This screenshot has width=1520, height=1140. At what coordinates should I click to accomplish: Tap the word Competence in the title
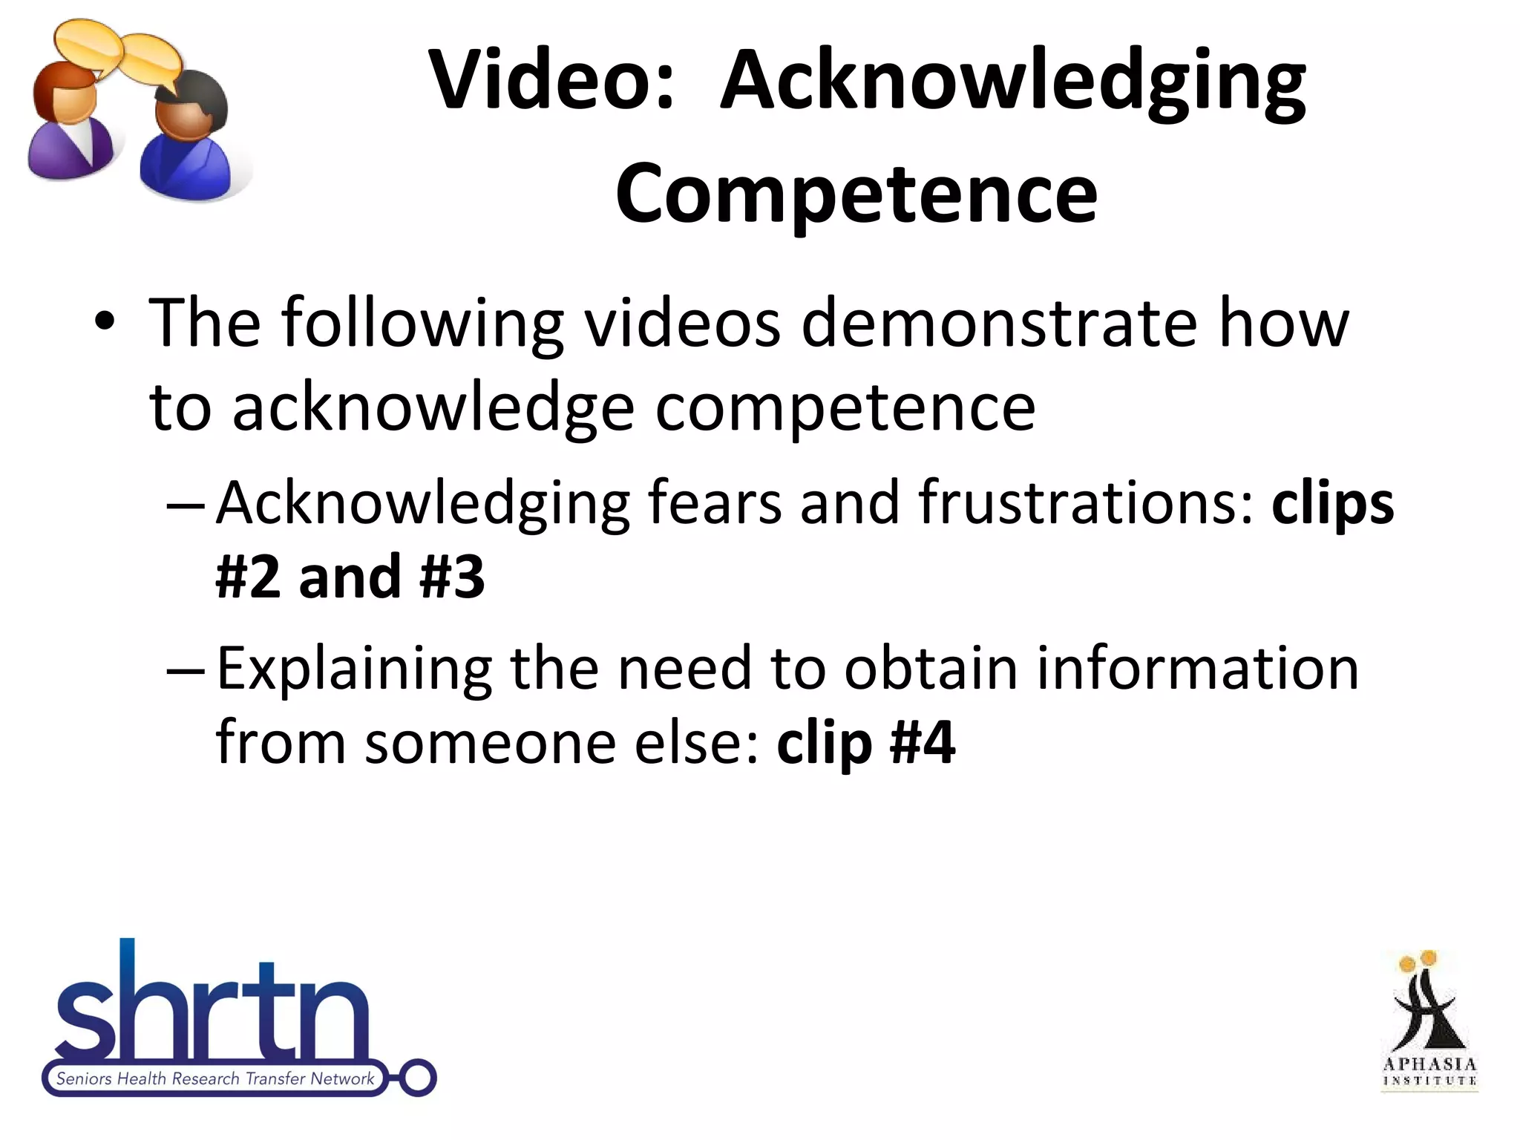pyautogui.click(x=856, y=193)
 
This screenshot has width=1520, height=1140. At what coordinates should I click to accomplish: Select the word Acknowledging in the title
pyautogui.click(x=1013, y=82)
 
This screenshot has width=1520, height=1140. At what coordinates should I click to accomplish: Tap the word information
pyautogui.click(x=1197, y=668)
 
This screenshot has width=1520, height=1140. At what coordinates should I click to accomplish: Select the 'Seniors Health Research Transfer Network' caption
pyautogui.click(x=215, y=1078)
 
